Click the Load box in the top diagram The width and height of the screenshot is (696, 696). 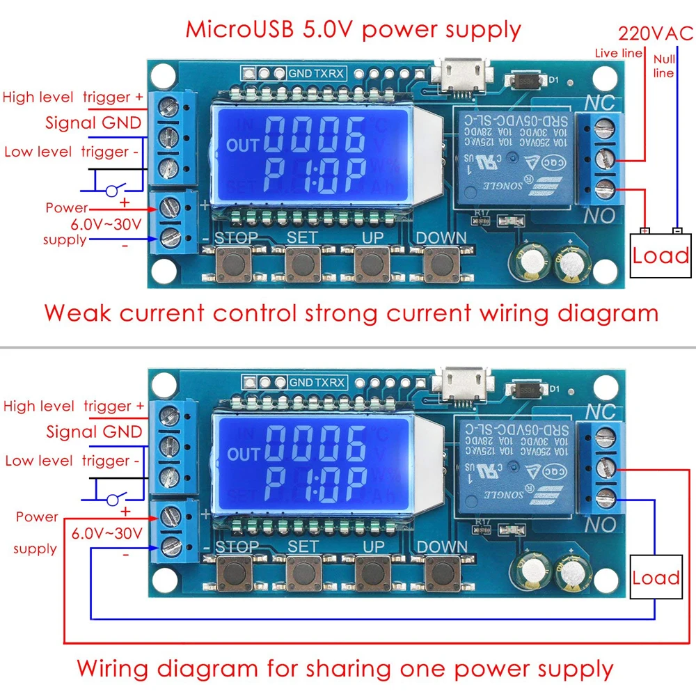[x=661, y=255]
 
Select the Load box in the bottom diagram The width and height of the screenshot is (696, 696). [x=655, y=578]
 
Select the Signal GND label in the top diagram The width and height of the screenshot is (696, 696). [x=93, y=123]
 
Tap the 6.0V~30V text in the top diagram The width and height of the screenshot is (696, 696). [x=106, y=224]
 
